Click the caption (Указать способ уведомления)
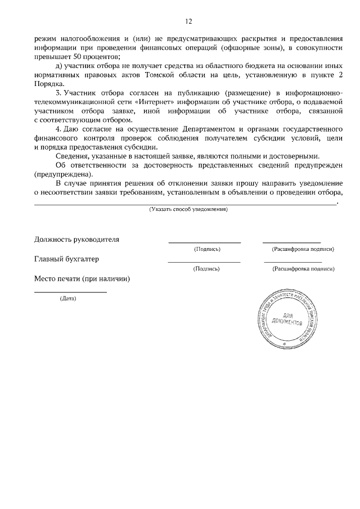tap(188, 209)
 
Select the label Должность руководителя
tap(77, 239)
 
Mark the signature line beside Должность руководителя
tap(205, 242)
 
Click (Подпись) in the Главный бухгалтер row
tap(206, 269)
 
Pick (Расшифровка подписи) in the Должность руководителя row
tap(303, 249)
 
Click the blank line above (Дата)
tap(70, 292)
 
